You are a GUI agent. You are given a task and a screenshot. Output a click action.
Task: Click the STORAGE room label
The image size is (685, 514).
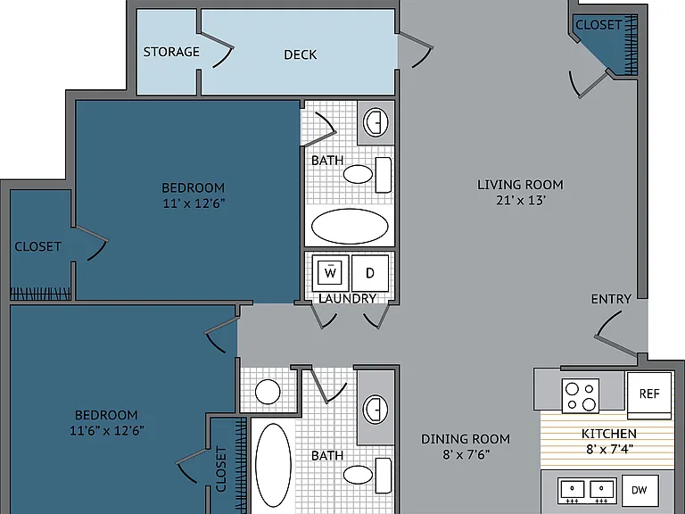171,52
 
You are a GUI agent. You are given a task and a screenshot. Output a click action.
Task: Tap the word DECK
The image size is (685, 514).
300,54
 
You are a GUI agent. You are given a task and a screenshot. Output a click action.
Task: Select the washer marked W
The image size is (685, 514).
330,273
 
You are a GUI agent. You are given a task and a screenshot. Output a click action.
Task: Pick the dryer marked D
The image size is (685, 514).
370,273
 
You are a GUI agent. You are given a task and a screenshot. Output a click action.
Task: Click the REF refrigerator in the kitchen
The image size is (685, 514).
649,395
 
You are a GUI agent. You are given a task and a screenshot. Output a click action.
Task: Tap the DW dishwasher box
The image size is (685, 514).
640,490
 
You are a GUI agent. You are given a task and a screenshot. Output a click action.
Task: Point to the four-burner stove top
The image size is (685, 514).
581,395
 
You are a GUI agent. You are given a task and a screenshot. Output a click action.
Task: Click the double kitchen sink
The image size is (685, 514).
588,491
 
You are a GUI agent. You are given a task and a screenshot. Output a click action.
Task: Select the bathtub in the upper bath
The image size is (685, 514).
350,227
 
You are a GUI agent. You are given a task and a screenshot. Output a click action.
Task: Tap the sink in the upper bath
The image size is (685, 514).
376,122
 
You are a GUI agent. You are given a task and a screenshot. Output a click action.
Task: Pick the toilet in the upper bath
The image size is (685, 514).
367,174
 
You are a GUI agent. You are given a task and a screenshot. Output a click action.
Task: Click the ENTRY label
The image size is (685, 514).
611,299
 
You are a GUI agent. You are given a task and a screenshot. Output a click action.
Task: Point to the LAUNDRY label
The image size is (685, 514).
347,299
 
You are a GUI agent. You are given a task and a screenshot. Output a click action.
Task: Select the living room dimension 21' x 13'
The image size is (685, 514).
521,200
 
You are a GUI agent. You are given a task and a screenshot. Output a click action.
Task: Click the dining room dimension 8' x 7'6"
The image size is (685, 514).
466,454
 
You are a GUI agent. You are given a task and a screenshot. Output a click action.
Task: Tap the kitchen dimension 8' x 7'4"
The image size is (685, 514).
609,449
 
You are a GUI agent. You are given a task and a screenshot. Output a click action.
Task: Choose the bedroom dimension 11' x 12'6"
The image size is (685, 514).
194,203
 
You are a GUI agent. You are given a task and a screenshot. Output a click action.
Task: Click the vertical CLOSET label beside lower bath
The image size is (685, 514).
221,469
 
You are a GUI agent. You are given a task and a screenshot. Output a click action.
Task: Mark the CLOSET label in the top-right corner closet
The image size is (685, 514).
598,25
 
